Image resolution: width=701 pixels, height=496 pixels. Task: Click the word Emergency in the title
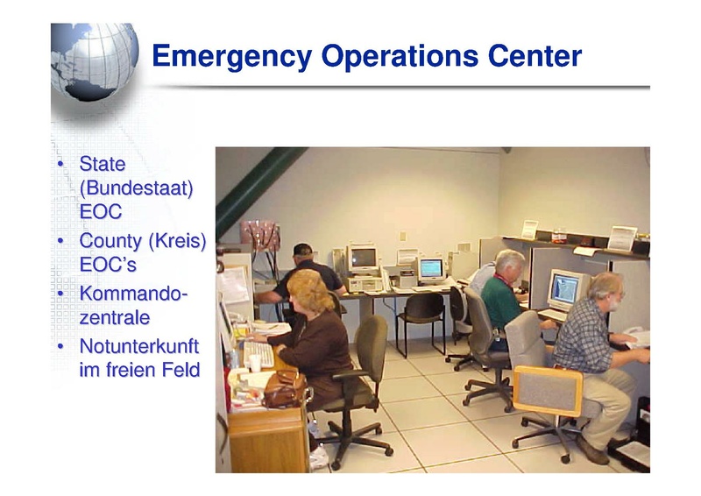(231, 57)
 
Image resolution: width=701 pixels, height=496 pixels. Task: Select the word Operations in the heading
(400, 56)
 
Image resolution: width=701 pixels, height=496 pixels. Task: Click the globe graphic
(95, 61)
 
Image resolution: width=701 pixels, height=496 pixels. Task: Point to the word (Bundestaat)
(136, 188)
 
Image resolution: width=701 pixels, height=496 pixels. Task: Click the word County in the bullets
(110, 241)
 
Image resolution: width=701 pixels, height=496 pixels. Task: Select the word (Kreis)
(177, 241)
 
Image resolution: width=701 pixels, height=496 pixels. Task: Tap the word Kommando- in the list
(133, 294)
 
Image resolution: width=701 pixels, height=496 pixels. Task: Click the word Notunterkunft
(139, 347)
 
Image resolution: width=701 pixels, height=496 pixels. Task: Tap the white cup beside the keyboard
(255, 363)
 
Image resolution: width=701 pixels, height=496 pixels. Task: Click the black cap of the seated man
(302, 249)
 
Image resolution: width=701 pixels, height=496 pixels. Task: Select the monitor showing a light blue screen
(431, 269)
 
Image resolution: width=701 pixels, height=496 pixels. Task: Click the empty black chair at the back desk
(421, 321)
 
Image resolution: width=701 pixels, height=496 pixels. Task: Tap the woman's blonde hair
(308, 291)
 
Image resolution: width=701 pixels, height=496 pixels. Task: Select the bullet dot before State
(60, 164)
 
